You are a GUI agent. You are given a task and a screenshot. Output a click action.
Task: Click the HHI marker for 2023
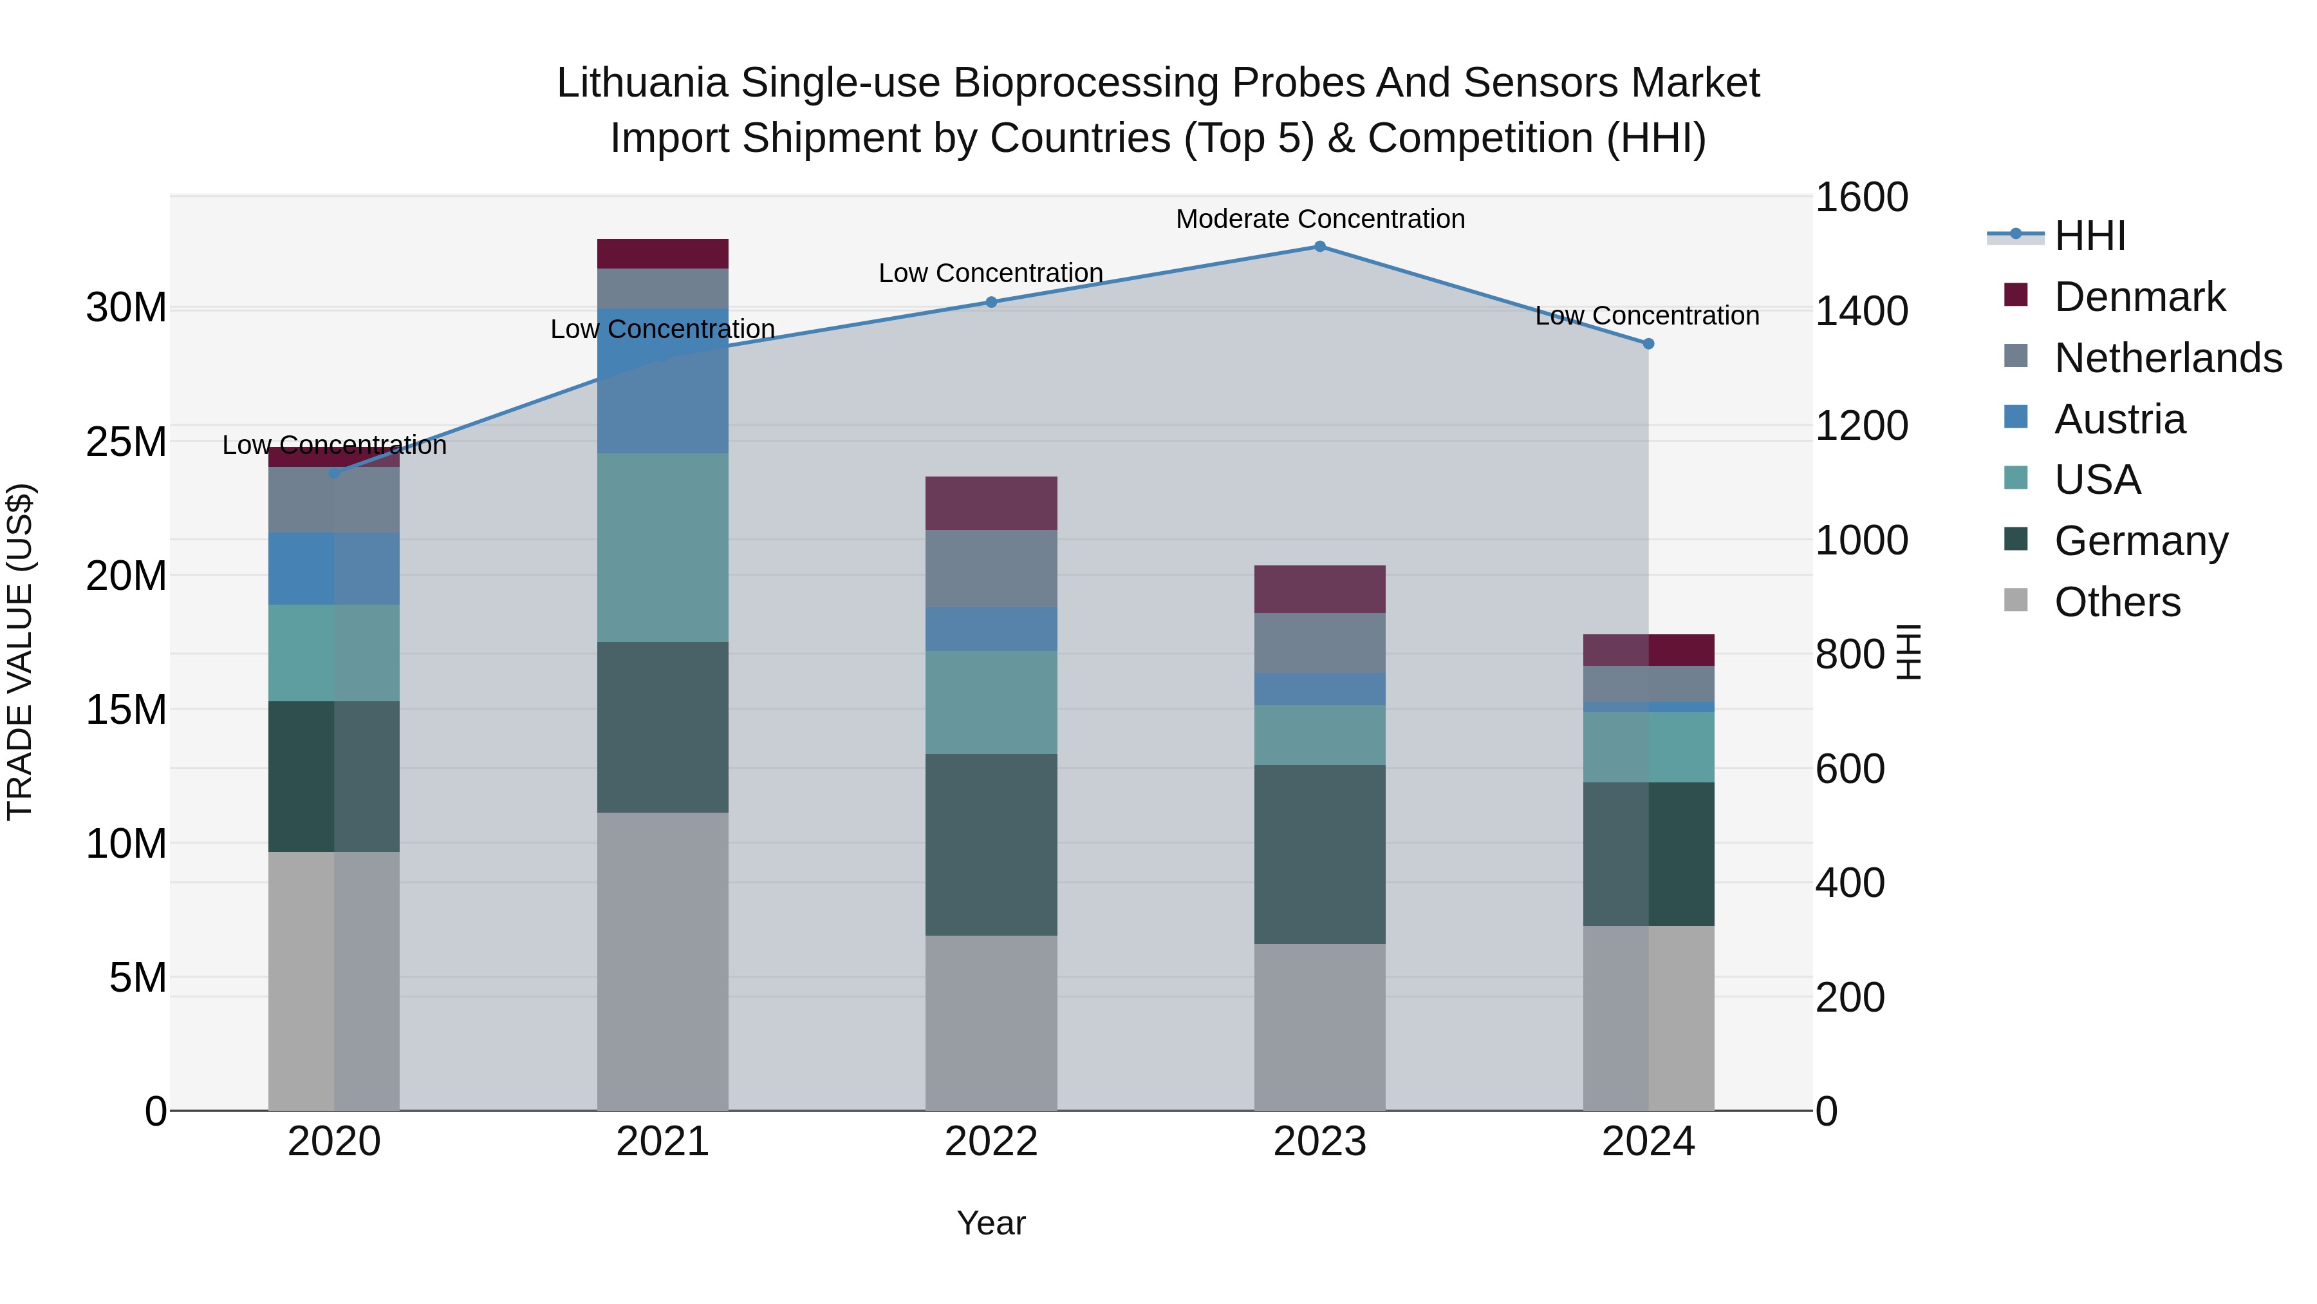(x=1319, y=247)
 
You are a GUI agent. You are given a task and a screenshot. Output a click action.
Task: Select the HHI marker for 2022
(x=991, y=303)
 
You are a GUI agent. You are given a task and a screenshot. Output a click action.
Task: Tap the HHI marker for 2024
(x=1648, y=344)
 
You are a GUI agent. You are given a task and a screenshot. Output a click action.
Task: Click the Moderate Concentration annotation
(x=1319, y=219)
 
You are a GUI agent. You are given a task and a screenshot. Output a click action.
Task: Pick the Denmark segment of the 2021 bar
(x=662, y=254)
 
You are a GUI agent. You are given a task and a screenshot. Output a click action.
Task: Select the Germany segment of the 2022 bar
(x=991, y=844)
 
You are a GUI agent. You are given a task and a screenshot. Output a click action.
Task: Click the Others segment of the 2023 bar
(x=1319, y=1027)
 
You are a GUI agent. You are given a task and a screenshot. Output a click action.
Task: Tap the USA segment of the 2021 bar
(x=662, y=547)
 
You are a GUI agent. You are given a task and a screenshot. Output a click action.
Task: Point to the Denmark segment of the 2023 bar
(x=1319, y=589)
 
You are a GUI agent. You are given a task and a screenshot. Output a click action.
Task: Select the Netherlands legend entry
(x=2167, y=358)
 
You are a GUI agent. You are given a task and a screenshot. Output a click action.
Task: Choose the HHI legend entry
(x=2089, y=236)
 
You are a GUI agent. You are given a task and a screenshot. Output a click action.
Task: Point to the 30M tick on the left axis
(x=126, y=308)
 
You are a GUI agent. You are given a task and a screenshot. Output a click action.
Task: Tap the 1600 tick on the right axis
(x=1860, y=197)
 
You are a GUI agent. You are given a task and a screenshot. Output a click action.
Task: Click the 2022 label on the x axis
(x=991, y=1142)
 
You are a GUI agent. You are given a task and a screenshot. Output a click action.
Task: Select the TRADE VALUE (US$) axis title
(x=20, y=652)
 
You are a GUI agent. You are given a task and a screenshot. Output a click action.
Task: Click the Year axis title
(x=991, y=1223)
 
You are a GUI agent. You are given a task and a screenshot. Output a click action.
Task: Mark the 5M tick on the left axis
(x=138, y=978)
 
